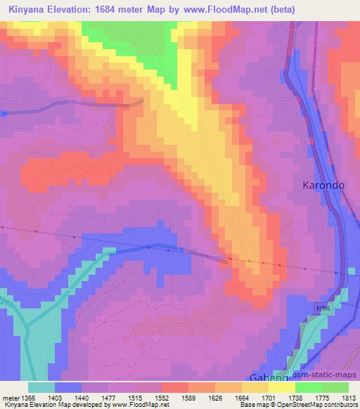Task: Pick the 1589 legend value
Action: tap(188, 397)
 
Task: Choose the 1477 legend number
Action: tap(110, 397)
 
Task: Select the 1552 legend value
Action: tap(162, 397)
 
